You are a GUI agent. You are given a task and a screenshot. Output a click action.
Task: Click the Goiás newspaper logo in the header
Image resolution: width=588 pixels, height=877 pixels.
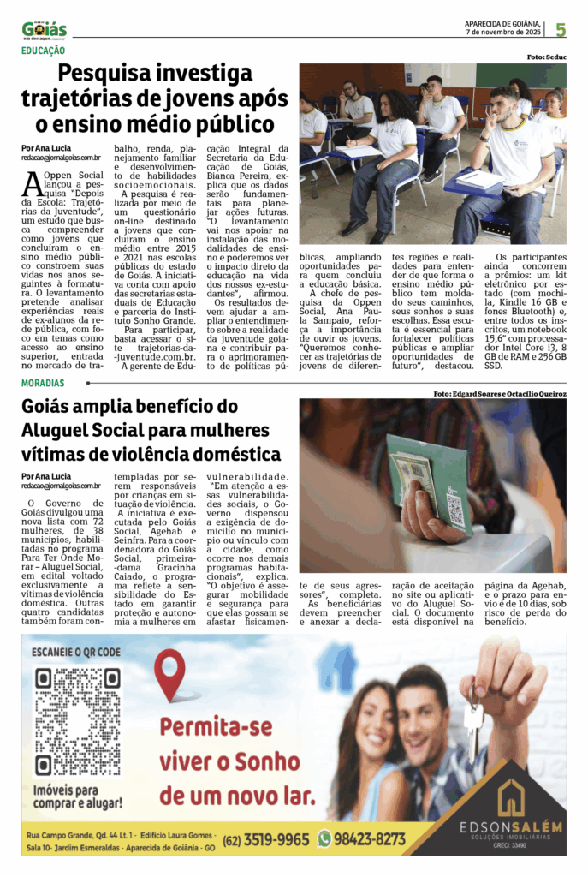coord(45,30)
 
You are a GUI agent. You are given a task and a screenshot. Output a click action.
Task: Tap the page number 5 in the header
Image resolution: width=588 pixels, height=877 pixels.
coord(560,30)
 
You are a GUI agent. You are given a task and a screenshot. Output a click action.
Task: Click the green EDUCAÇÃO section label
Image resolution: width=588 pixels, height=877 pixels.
coord(46,51)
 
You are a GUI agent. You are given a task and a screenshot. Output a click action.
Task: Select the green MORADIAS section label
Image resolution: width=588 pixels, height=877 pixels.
coord(43,383)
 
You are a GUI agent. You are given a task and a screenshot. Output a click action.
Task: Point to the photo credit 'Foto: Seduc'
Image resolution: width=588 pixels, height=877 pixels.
coord(545,57)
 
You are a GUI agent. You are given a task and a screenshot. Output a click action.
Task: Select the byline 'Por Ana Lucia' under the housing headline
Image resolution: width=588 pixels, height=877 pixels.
coord(48,476)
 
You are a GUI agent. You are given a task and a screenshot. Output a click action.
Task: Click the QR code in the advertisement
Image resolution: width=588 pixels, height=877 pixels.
coord(78,720)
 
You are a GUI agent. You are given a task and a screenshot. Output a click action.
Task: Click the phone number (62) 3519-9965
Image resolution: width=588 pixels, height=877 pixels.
coord(267,839)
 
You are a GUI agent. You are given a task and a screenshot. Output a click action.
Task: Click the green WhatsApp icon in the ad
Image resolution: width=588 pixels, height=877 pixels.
coord(324,839)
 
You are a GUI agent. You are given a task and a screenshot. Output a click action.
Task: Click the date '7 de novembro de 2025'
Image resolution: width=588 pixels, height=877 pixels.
coord(502,33)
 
